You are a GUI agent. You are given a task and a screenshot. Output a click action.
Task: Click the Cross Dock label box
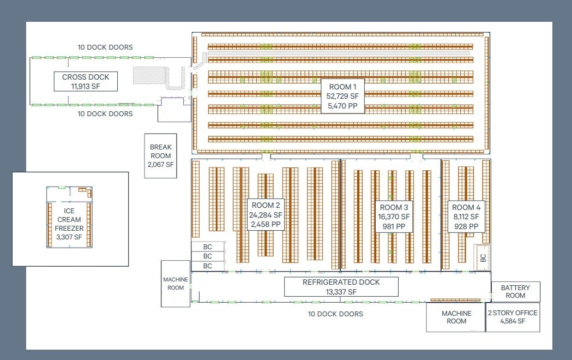(86, 81)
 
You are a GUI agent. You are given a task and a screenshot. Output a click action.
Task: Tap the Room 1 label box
(342, 95)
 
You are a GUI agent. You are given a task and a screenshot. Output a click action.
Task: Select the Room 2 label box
(266, 214)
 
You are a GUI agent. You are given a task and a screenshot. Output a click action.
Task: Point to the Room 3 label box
(394, 217)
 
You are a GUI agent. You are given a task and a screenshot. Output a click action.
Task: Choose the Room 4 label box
(466, 217)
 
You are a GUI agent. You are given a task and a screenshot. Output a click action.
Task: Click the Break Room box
(161, 155)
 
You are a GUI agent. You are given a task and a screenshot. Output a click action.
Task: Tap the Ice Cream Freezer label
(69, 224)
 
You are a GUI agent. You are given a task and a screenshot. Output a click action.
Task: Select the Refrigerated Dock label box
(341, 286)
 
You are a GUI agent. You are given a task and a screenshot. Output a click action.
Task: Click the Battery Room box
(515, 291)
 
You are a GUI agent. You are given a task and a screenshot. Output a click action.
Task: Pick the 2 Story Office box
(513, 317)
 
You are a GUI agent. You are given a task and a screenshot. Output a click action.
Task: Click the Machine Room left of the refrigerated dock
(175, 284)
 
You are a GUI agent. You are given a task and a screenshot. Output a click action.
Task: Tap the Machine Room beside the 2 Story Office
(456, 317)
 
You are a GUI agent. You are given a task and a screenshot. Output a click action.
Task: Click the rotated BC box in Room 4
(483, 258)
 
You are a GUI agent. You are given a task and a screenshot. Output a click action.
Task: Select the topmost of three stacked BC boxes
(208, 247)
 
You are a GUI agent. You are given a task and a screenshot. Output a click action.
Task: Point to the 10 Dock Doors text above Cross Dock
(105, 47)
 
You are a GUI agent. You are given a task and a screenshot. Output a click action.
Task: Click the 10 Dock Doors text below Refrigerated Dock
(335, 314)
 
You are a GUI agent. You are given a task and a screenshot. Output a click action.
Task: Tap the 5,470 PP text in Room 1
(342, 106)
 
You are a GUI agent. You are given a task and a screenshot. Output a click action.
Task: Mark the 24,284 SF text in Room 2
(266, 215)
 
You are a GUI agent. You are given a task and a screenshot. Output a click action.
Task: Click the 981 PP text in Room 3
(394, 226)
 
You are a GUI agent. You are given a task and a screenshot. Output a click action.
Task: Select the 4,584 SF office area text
(513, 321)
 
